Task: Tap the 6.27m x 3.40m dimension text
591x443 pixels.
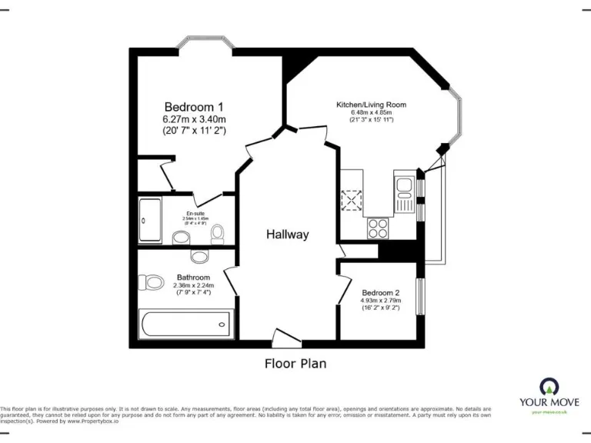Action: point(194,119)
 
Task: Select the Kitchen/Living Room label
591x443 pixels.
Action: point(371,105)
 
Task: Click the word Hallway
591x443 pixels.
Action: point(288,235)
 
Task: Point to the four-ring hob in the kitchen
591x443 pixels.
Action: point(378,228)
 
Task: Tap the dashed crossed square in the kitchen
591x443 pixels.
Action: point(353,199)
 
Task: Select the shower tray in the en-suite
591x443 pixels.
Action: point(149,221)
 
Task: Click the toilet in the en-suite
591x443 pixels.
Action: point(218,231)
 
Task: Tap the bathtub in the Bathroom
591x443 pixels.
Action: point(185,325)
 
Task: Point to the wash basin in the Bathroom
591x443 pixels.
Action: point(199,257)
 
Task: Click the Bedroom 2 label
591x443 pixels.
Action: point(381,292)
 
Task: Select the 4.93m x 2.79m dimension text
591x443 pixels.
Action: point(381,301)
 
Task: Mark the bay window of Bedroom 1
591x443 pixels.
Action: point(205,42)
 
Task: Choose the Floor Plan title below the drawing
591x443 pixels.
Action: point(295,364)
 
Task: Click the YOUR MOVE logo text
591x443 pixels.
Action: point(549,401)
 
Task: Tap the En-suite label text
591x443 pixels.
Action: point(195,213)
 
